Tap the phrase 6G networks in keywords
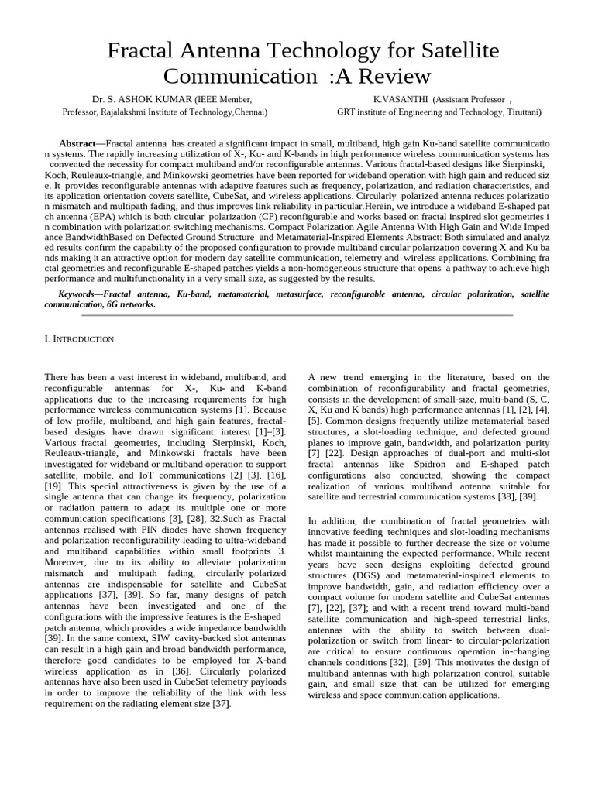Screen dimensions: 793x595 point(130,304)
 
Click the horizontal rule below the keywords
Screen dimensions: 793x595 point(297,315)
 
